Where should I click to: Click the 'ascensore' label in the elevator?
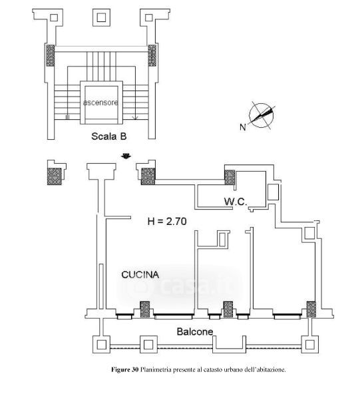pyautogui.click(x=100, y=102)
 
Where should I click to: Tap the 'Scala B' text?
pyautogui.click(x=109, y=136)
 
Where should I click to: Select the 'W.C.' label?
pyautogui.click(x=236, y=202)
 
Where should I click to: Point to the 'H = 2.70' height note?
pyautogui.click(x=167, y=221)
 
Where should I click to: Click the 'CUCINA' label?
pyautogui.click(x=140, y=275)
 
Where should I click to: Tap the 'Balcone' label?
pyautogui.click(x=195, y=331)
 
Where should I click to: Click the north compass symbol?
pyautogui.click(x=262, y=116)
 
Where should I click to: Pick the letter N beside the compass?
pyautogui.click(x=243, y=126)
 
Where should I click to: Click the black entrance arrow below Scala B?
pyautogui.click(x=126, y=156)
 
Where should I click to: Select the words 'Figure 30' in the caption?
pyautogui.click(x=124, y=370)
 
